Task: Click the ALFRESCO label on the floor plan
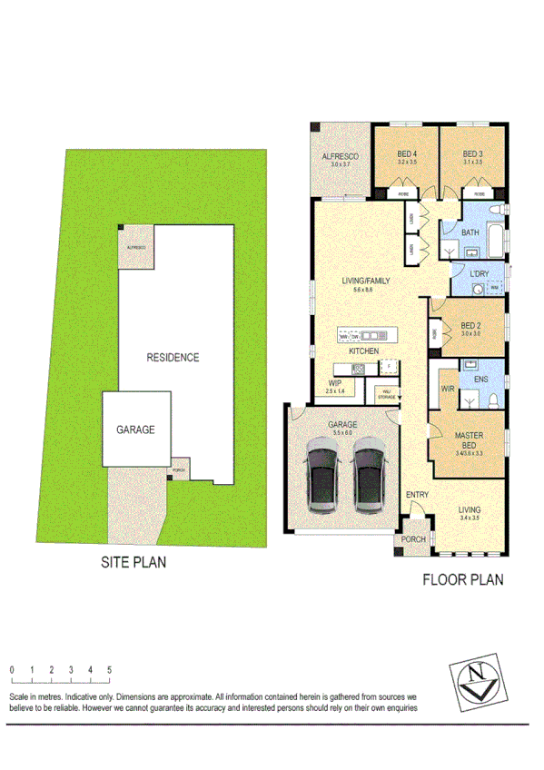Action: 341,157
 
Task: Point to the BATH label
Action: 470,233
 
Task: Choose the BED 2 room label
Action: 470,325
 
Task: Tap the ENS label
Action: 481,380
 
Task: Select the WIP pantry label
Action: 335,383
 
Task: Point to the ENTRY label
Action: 417,494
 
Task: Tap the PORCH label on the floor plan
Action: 413,539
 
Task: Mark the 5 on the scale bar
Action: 110,670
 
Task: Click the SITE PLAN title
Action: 133,562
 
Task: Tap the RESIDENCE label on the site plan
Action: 173,357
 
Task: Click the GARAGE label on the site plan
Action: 134,429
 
